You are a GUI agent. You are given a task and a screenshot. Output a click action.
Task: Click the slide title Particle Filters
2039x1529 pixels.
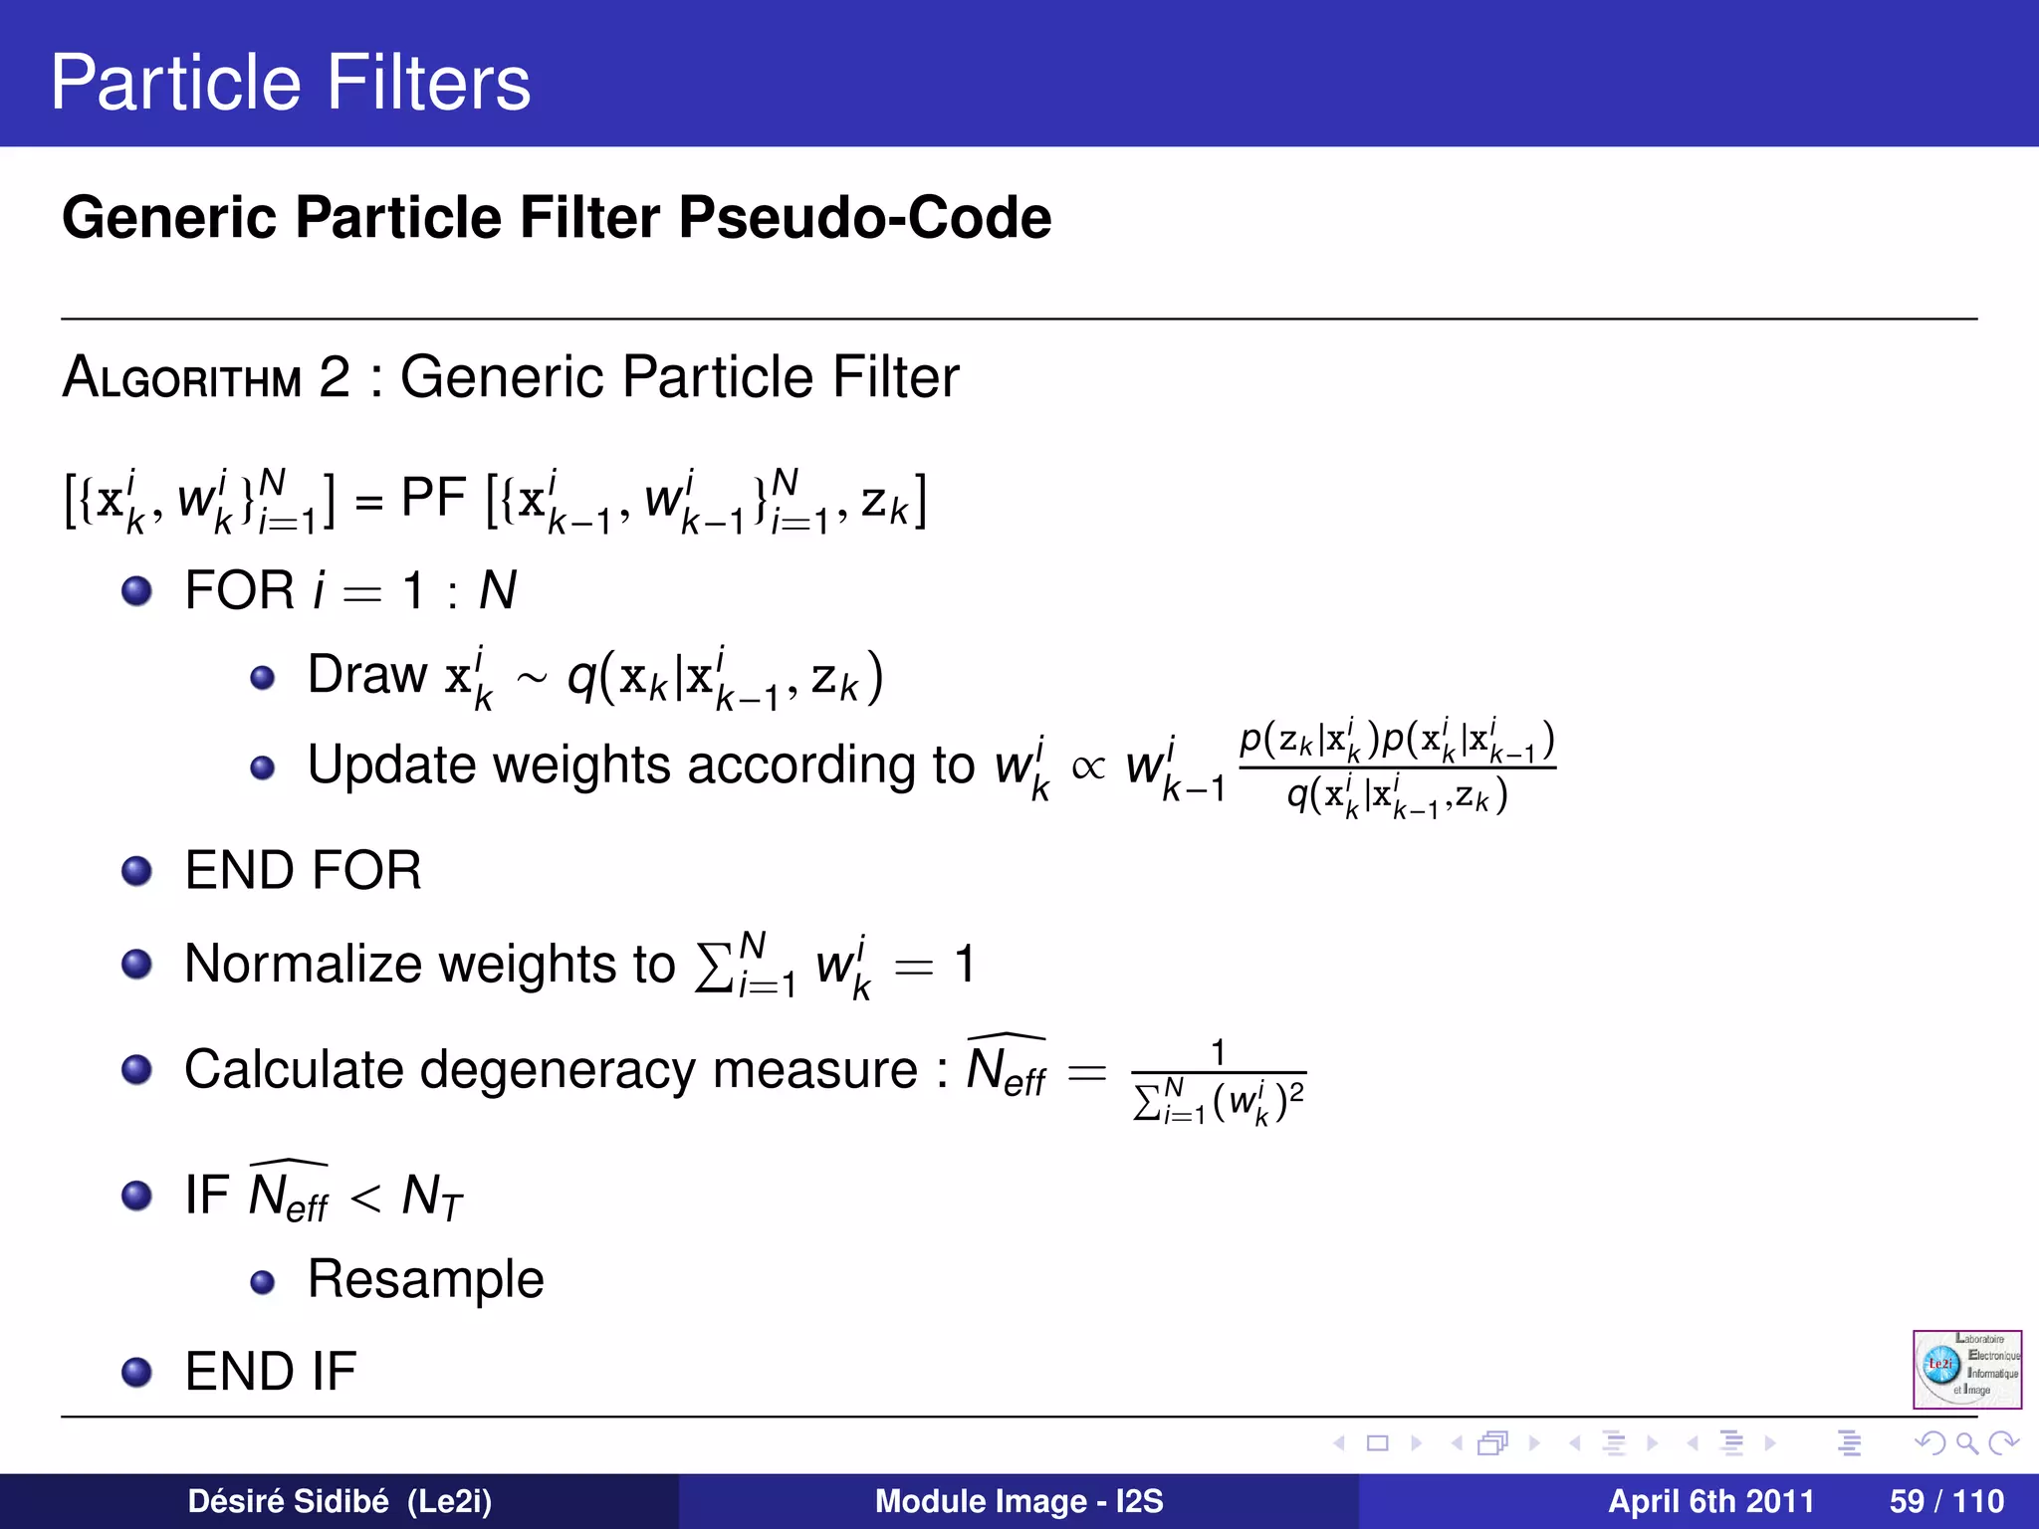click(x=290, y=83)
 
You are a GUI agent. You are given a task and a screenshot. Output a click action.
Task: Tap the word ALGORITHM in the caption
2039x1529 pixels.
click(x=182, y=378)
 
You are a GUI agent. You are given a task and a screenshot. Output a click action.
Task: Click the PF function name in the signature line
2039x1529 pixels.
click(x=433, y=498)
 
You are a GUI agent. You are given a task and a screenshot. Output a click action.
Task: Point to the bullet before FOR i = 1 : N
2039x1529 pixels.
click(x=136, y=591)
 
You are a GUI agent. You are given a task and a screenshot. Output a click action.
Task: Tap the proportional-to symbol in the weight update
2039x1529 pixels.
click(x=1088, y=766)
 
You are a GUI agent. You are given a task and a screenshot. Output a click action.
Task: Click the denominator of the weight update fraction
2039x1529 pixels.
click(x=1397, y=797)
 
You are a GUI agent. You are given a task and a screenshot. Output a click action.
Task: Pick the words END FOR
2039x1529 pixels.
click(x=304, y=870)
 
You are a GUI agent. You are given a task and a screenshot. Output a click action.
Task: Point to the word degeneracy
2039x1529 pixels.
click(x=550, y=1070)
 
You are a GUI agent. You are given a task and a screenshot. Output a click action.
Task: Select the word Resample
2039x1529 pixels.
click(x=426, y=1279)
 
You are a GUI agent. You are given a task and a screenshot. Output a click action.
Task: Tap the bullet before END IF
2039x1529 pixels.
click(x=136, y=1373)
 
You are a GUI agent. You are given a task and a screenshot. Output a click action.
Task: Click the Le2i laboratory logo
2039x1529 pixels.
click(x=1966, y=1369)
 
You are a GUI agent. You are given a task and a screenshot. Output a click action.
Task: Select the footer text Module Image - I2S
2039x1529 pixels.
click(x=1019, y=1501)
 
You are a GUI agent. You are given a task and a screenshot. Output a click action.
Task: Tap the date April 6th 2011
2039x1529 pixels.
click(x=1710, y=1501)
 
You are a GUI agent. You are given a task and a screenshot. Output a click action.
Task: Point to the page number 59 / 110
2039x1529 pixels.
click(x=1946, y=1501)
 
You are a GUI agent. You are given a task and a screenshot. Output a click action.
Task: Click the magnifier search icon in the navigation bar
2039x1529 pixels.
click(x=1966, y=1443)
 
